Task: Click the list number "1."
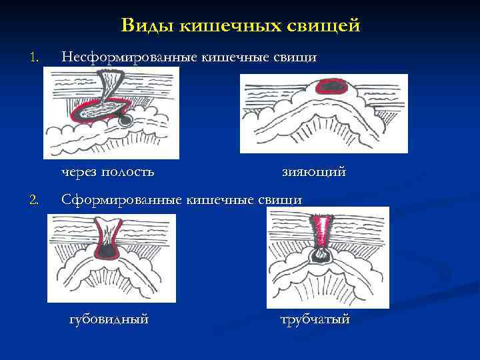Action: pyautogui.click(x=35, y=58)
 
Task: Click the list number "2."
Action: pyautogui.click(x=35, y=199)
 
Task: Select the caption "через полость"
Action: pyautogui.click(x=107, y=172)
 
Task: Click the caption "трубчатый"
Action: pyautogui.click(x=315, y=319)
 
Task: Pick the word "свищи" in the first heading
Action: pyautogui.click(x=297, y=57)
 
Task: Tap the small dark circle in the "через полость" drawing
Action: pyautogui.click(x=125, y=119)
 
